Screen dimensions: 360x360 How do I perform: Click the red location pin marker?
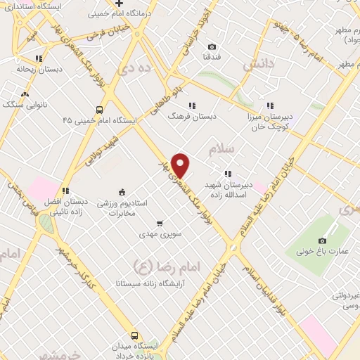pyautogui.click(x=181, y=165)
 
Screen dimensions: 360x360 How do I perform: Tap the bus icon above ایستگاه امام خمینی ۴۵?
pyautogui.click(x=99, y=110)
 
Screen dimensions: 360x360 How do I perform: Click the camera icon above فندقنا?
pyautogui.click(x=212, y=46)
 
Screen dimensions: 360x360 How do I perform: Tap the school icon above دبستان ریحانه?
pyautogui.click(x=39, y=59)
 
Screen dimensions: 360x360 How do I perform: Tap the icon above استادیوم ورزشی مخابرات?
pyautogui.click(x=122, y=192)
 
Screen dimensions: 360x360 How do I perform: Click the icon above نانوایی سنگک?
pyautogui.click(x=25, y=94)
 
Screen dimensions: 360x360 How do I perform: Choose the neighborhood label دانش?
pyautogui.click(x=257, y=66)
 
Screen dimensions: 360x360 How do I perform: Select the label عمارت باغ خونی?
pyautogui.click(x=323, y=250)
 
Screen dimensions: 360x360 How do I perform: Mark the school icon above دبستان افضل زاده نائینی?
pyautogui.click(x=65, y=190)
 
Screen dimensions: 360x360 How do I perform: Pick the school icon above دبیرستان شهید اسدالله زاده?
pyautogui.click(x=227, y=173)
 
